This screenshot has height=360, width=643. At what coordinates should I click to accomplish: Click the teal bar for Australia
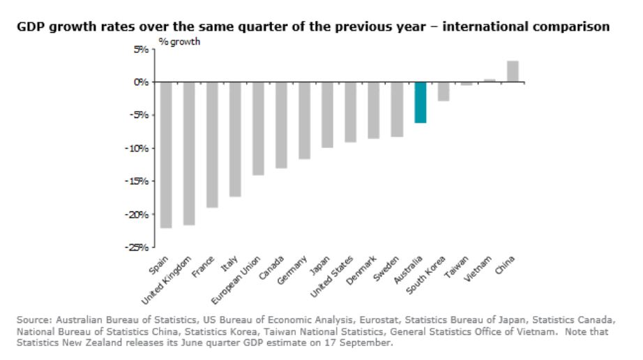[x=420, y=102]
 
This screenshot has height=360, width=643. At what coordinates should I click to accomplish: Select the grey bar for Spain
[x=165, y=154]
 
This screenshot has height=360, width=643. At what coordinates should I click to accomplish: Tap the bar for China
[x=512, y=71]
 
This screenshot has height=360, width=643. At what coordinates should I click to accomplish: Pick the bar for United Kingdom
[x=188, y=153]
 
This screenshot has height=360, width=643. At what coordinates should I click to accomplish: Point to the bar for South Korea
[x=443, y=91]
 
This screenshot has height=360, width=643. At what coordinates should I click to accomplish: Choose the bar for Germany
[x=304, y=120]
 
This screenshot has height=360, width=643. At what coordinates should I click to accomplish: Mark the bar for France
[x=211, y=144]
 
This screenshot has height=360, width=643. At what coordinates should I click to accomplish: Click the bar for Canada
[x=281, y=125]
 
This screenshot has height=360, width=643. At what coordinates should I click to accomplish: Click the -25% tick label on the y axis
[x=139, y=247]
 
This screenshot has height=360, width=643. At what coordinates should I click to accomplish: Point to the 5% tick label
[x=142, y=50]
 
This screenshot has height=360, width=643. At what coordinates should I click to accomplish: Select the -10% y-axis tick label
[x=139, y=148]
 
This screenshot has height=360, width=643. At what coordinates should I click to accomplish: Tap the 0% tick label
[x=142, y=82]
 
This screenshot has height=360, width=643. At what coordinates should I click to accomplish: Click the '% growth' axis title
[x=179, y=42]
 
